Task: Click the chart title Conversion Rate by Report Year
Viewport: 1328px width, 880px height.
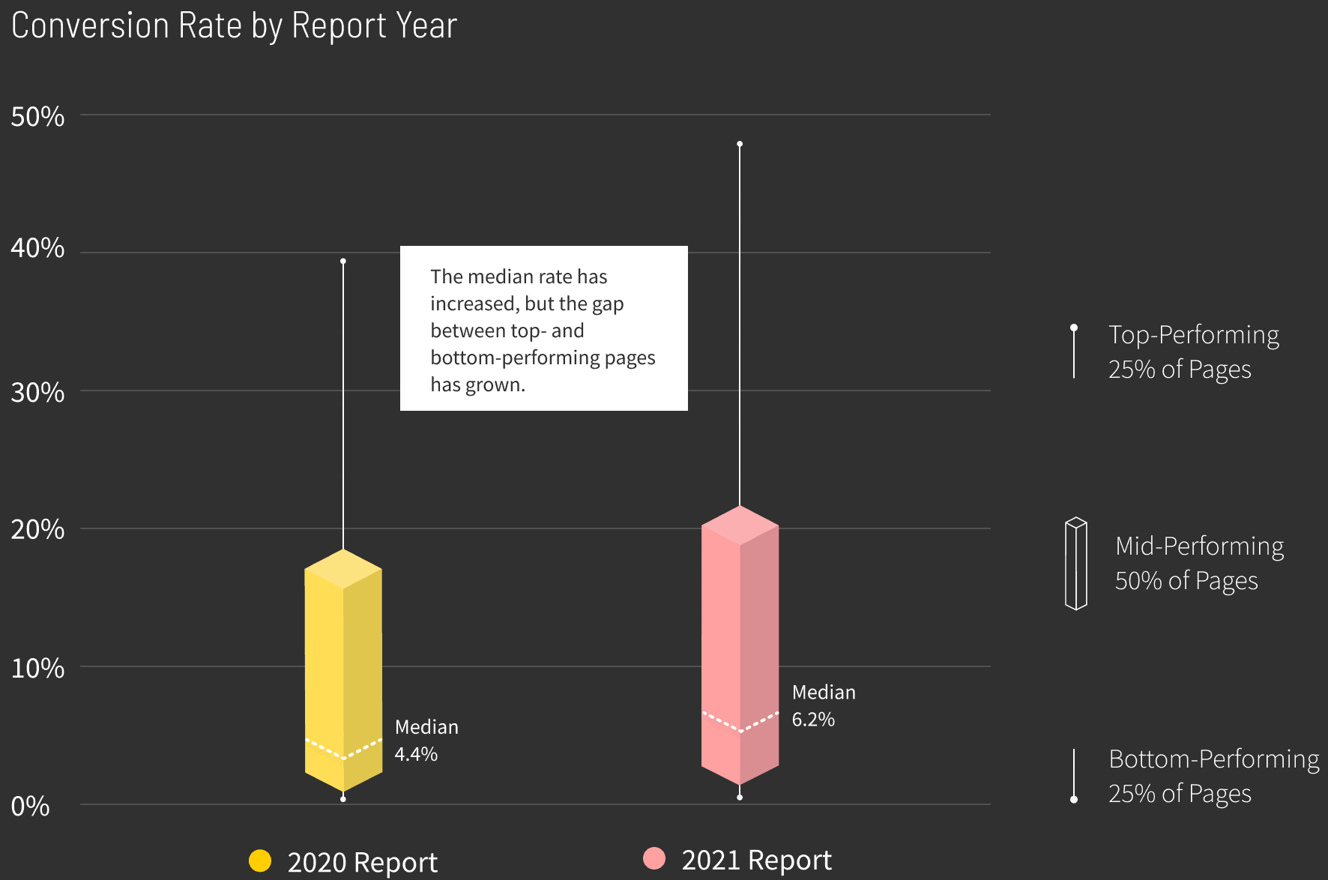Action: pyautogui.click(x=234, y=25)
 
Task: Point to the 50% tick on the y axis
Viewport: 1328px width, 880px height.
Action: pyautogui.click(x=37, y=117)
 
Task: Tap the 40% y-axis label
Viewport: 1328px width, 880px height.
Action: pyautogui.click(x=37, y=248)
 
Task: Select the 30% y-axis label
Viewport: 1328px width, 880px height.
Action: pyautogui.click(x=37, y=392)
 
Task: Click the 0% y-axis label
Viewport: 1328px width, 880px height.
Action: pyautogui.click(x=30, y=807)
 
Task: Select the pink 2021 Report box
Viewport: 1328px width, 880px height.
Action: pyautogui.click(x=740, y=645)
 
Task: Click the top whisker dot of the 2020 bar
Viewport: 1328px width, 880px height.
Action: pyautogui.click(x=343, y=261)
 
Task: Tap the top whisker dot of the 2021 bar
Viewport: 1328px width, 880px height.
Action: pyautogui.click(x=740, y=144)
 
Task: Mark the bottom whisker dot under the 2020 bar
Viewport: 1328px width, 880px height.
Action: pyautogui.click(x=343, y=799)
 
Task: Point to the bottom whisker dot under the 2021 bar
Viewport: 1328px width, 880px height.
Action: pyautogui.click(x=740, y=797)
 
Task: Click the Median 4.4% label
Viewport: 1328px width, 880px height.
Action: pyautogui.click(x=426, y=741)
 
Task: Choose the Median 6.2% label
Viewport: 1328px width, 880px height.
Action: pyautogui.click(x=824, y=705)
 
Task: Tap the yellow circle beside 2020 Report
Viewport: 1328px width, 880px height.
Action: pyautogui.click(x=260, y=861)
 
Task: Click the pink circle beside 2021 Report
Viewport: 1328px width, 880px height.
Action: pyautogui.click(x=654, y=858)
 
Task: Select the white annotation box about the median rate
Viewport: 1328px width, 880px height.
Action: pyautogui.click(x=543, y=328)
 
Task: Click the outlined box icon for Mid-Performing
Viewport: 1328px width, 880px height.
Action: pyautogui.click(x=1076, y=563)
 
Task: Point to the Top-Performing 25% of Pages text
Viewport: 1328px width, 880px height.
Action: pyautogui.click(x=1193, y=352)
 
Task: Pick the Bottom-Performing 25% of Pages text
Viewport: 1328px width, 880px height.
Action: pyautogui.click(x=1213, y=776)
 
